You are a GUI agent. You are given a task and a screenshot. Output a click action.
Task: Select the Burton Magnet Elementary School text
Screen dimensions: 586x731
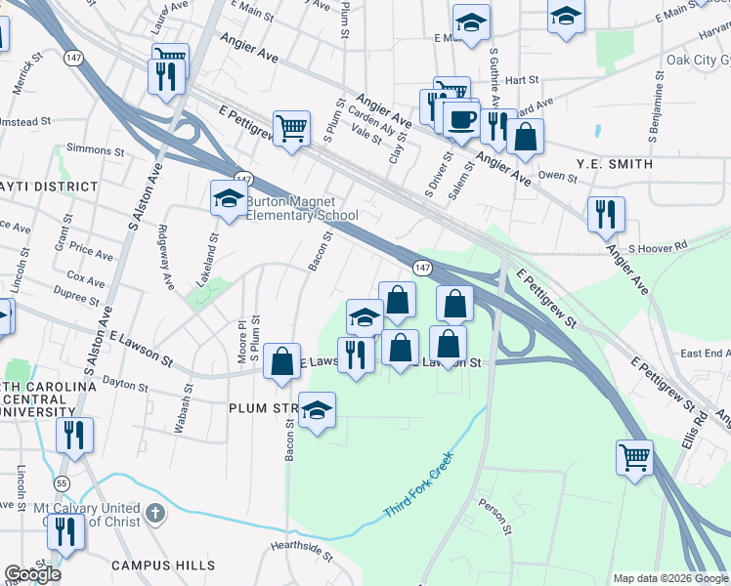coord(301,209)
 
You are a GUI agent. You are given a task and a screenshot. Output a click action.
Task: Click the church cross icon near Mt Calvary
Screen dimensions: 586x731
coord(154,514)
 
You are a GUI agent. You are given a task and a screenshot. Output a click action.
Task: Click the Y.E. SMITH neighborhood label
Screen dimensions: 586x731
coord(615,164)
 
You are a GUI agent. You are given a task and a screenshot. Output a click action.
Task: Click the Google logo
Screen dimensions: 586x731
coord(32,574)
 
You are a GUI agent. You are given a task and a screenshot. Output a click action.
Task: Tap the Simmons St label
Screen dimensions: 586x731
coord(94,151)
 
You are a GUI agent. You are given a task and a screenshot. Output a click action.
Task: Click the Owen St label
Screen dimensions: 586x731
coord(558,176)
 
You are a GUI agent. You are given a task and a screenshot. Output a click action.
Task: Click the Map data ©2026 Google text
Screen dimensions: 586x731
coord(670,578)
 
